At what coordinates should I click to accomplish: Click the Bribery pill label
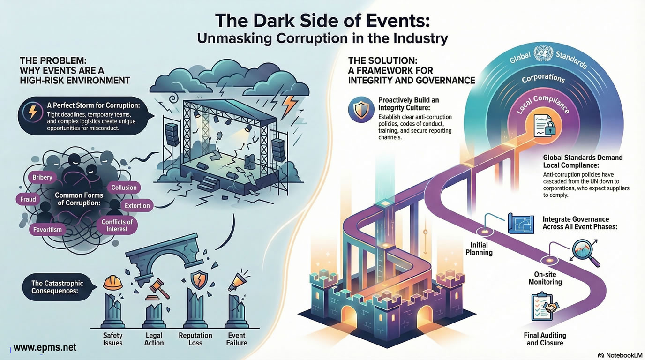click(42, 178)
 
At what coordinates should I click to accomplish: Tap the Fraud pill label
click(28, 199)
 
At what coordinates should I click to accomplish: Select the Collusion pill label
click(124, 187)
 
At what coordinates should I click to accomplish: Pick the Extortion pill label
click(137, 205)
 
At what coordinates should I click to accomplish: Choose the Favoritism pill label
click(47, 230)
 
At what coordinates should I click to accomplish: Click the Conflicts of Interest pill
click(117, 225)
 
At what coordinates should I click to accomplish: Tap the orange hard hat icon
click(112, 282)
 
